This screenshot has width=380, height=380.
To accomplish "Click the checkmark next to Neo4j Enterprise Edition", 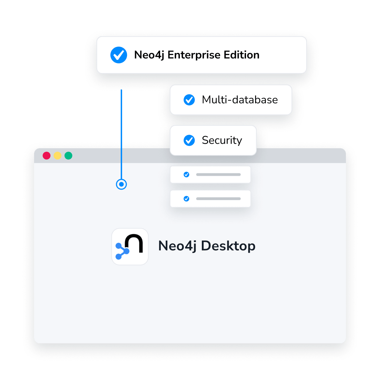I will click(x=119, y=55).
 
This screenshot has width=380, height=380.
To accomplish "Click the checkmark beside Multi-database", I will click(x=189, y=100).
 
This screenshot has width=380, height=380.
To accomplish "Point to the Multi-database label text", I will click(x=240, y=100).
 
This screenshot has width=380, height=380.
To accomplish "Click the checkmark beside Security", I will click(x=189, y=140).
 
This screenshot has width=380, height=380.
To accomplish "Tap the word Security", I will click(x=222, y=140).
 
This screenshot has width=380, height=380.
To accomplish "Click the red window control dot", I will click(x=47, y=156).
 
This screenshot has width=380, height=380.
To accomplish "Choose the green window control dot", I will click(x=69, y=156).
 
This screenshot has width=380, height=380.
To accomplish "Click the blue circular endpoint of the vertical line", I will click(x=121, y=184).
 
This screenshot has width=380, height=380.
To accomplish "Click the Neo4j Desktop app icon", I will click(x=130, y=246).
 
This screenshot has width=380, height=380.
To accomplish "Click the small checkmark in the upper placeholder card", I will click(x=187, y=174).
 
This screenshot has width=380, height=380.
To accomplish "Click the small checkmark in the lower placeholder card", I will click(x=187, y=199).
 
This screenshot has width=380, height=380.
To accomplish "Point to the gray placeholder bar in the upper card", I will click(x=218, y=174).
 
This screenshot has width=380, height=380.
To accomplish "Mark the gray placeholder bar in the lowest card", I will click(x=218, y=199).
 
